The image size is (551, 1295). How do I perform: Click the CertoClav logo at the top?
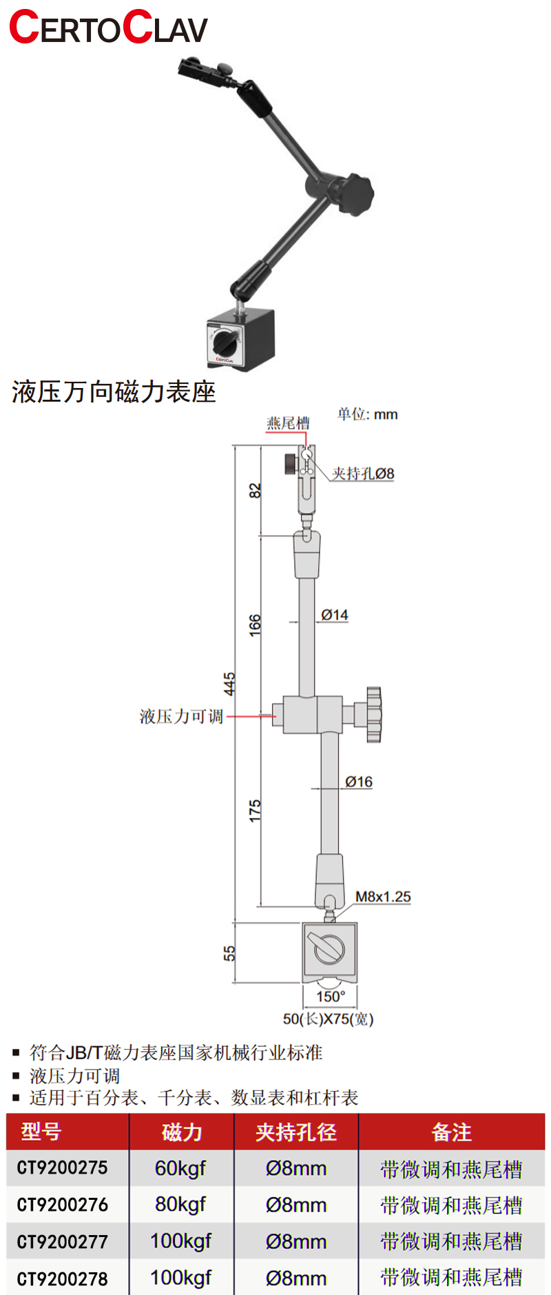point(108,28)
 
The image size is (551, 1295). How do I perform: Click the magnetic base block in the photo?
point(240,339)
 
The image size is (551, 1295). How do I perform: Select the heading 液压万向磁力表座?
point(114,392)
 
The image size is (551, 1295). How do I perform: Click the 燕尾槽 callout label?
point(288,423)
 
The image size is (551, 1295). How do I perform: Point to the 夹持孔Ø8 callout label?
point(363,473)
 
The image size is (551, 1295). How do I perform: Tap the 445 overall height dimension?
point(229,684)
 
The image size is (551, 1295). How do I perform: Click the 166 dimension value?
point(255,624)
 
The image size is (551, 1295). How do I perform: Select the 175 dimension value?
point(255,810)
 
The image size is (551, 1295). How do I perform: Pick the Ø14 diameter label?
point(335,615)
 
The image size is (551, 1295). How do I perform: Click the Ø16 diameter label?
point(359,782)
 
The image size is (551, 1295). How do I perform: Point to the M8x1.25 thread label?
point(383,897)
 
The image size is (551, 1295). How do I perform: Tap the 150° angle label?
point(331,997)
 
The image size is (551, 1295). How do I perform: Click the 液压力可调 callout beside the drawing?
point(181,717)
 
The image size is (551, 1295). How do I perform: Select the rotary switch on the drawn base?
point(329,950)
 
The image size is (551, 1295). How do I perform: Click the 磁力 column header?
point(182,1132)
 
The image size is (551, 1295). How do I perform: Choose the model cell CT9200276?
point(63,1205)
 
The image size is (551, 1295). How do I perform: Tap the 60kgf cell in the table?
point(180,1168)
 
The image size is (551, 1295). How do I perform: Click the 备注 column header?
point(451,1132)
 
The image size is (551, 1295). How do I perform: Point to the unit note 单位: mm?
point(367,414)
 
